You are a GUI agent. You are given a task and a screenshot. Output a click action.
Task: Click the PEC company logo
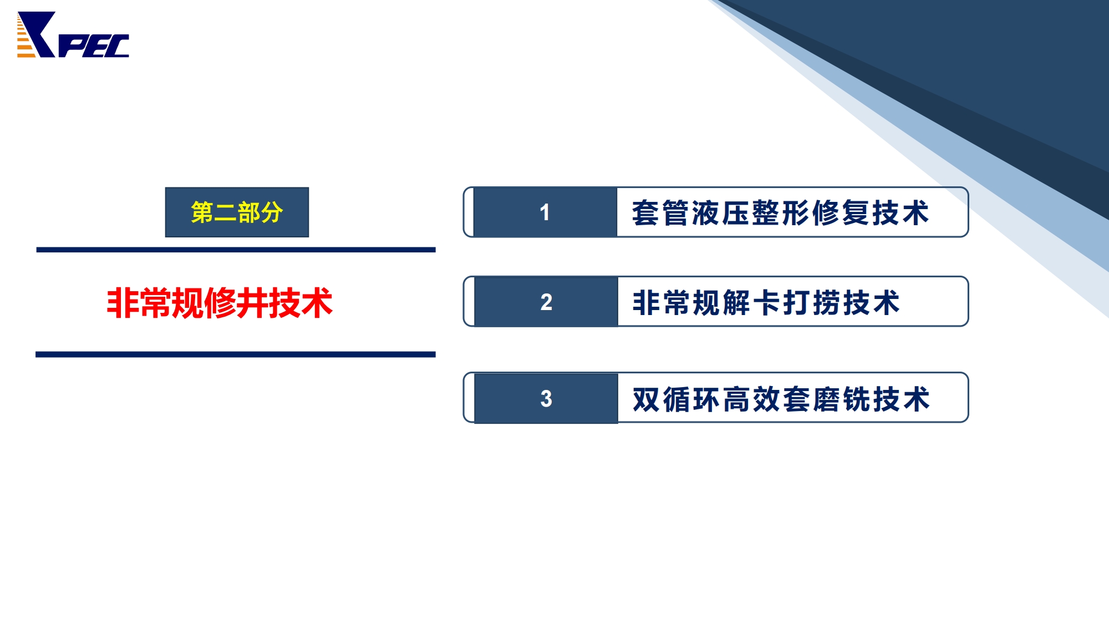(x=73, y=34)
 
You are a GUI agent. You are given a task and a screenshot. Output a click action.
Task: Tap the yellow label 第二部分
(x=237, y=212)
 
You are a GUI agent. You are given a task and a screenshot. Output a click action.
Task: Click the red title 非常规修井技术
(x=220, y=303)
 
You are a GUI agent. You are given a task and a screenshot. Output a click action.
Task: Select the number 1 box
(x=545, y=212)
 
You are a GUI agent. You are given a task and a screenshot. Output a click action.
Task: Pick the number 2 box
(x=546, y=302)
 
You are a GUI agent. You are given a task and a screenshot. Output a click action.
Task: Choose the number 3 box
(x=546, y=398)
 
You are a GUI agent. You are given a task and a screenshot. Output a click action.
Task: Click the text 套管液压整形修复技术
(x=781, y=213)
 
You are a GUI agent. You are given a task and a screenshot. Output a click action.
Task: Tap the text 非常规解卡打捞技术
(x=766, y=303)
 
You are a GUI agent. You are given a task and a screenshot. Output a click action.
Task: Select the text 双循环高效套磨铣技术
(x=781, y=399)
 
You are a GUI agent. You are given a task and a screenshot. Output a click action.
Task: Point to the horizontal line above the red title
(x=236, y=250)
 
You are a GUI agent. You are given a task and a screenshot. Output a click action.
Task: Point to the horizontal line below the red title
(x=236, y=354)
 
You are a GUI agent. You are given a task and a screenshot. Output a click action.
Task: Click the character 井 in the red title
(x=251, y=303)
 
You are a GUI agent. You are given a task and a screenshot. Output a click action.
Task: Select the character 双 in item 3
(x=646, y=399)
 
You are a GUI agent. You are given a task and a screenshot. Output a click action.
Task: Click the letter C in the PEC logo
(x=117, y=46)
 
